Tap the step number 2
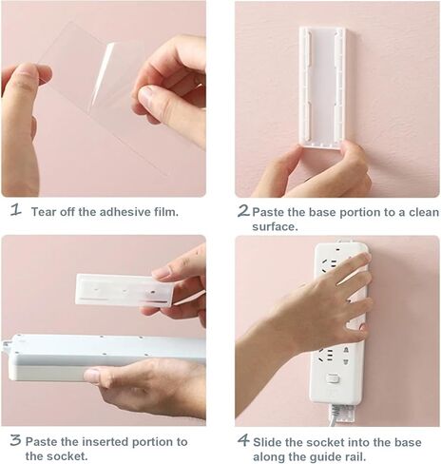243,210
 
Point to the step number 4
243,440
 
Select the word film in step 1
163,211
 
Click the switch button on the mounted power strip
333,377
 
